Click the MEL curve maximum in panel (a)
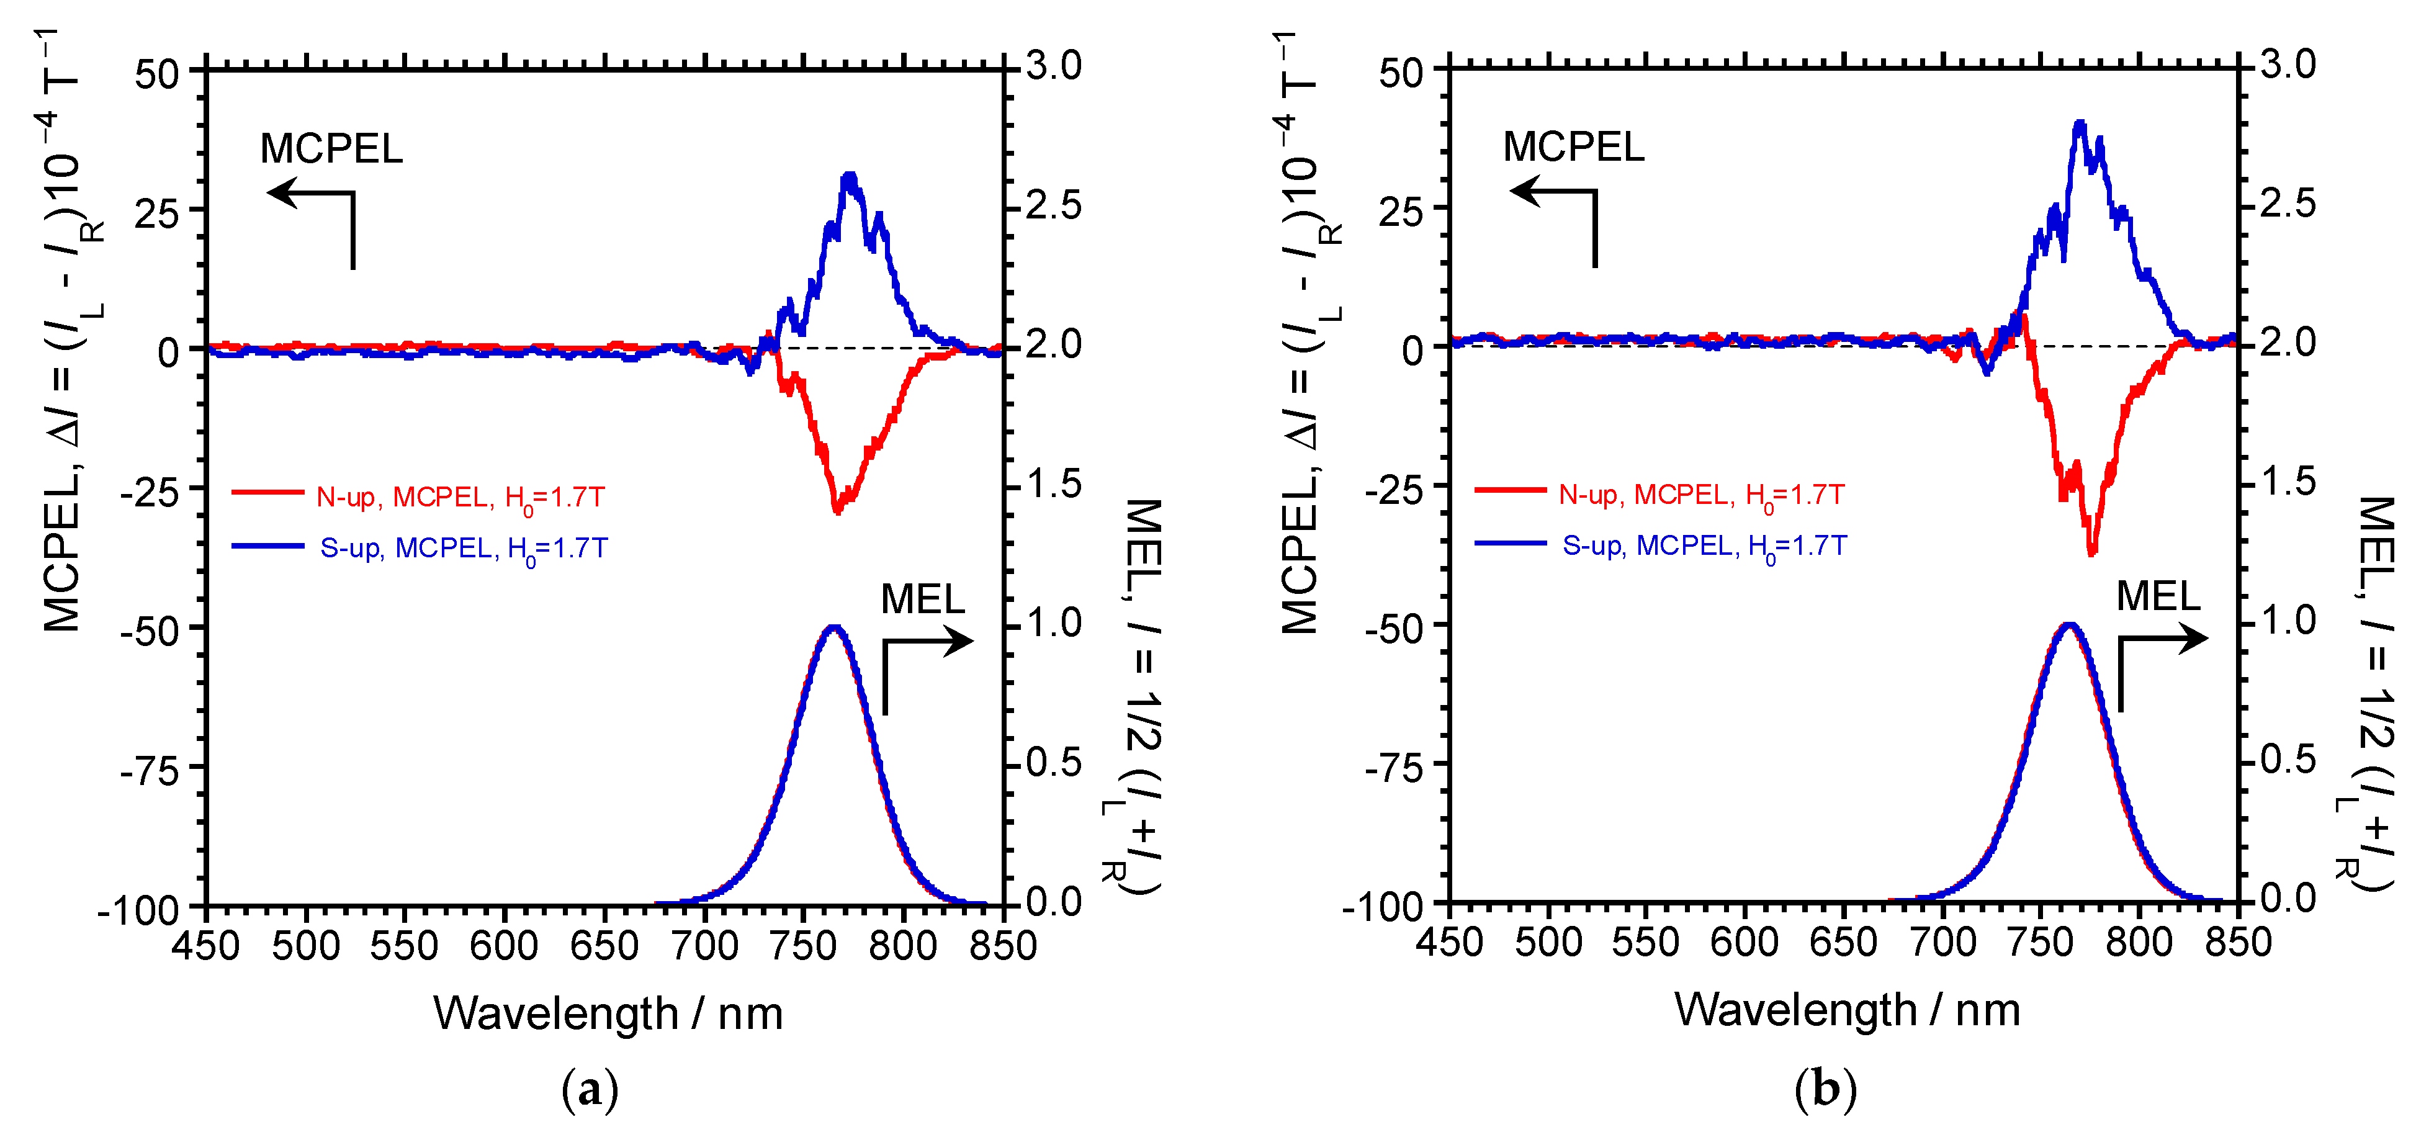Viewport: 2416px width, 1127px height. coord(834,627)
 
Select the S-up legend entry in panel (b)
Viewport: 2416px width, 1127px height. coord(1661,545)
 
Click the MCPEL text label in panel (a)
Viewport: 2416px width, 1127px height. coord(331,149)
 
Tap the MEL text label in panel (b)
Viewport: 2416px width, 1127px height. coord(2158,596)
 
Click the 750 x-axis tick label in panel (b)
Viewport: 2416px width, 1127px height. coord(2040,942)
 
